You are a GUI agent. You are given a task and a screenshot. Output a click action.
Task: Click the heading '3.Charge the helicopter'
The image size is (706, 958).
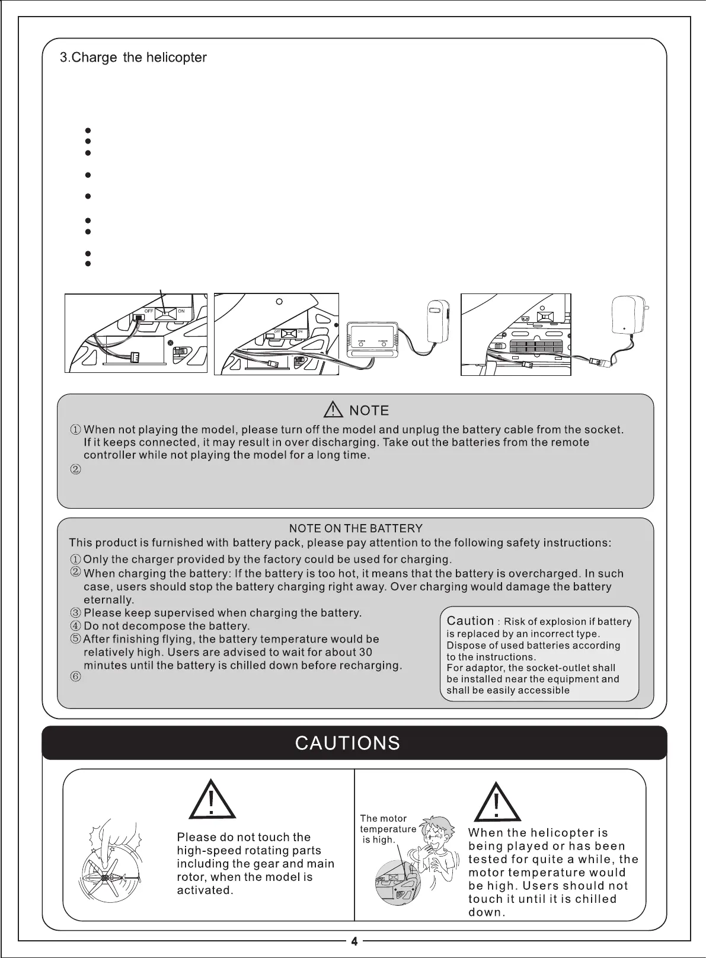[x=133, y=58]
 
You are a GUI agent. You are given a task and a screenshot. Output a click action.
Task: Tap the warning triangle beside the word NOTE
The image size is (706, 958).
[x=334, y=410]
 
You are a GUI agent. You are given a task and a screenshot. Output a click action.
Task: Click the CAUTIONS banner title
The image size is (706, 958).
[x=347, y=743]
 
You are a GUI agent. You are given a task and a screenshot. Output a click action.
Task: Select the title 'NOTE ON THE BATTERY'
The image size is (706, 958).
[x=356, y=528]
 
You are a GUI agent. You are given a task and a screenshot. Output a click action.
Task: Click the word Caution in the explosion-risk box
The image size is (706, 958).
[x=470, y=621]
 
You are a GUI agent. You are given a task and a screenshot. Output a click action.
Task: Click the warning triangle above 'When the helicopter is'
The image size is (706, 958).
[x=497, y=801]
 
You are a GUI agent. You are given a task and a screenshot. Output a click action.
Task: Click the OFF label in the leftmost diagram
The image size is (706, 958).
[x=149, y=311]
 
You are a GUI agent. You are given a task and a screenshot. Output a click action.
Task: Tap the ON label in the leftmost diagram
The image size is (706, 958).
[x=181, y=311]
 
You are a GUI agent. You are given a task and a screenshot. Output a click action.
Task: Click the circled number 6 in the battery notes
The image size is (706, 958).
[x=75, y=678]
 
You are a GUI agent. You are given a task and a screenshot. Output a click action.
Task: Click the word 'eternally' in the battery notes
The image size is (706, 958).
[x=108, y=600]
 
